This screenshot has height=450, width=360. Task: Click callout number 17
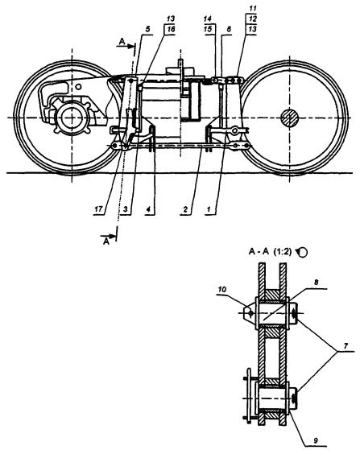(98, 209)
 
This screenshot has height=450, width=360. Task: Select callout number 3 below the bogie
(125, 209)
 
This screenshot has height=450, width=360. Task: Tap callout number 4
(148, 209)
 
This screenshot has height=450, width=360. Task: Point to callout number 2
(185, 209)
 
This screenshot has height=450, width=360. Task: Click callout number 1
(209, 209)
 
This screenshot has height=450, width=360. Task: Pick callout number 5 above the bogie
(147, 29)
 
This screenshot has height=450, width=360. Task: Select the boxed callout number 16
(171, 29)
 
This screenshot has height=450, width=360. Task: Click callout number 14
(207, 19)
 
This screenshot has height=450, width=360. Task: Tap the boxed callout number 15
(208, 29)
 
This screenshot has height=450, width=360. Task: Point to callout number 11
(252, 8)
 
